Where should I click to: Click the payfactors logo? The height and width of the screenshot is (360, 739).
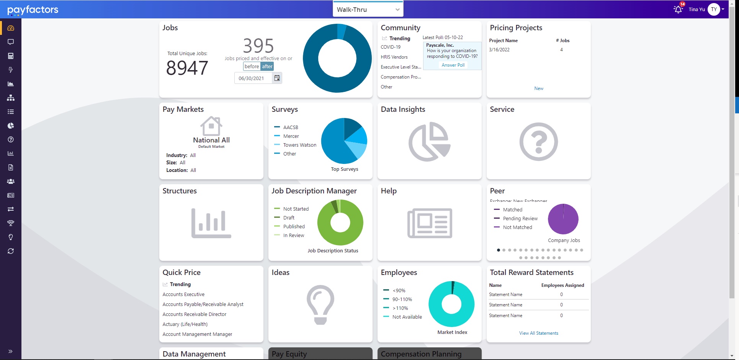tap(33, 10)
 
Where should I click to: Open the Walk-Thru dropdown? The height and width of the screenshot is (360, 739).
tap(368, 10)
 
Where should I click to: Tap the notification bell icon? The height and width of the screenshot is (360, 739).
tap(678, 9)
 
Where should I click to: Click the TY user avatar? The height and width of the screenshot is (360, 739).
tap(714, 9)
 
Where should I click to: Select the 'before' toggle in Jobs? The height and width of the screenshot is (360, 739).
tap(252, 66)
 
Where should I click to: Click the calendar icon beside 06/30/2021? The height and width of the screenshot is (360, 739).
tap(277, 78)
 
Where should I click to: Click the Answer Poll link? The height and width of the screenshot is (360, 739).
tap(453, 65)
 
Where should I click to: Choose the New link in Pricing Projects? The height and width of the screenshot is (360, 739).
tap(539, 88)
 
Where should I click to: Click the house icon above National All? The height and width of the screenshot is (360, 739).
tap(211, 126)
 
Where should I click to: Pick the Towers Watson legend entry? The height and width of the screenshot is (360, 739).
tap(299, 145)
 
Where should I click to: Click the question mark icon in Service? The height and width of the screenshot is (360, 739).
tap(538, 142)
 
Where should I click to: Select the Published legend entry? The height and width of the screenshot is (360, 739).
tap(294, 227)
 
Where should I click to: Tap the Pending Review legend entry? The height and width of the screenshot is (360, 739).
tap(520, 219)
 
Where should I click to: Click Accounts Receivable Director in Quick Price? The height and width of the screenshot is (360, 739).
tap(195, 314)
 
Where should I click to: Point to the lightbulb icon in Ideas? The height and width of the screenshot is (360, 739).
tap(320, 305)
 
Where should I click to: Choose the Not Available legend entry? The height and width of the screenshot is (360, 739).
tap(407, 317)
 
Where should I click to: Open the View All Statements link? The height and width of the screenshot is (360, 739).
tap(539, 333)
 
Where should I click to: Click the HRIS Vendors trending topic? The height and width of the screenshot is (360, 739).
tap(394, 57)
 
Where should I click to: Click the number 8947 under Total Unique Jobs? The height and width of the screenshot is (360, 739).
tap(187, 68)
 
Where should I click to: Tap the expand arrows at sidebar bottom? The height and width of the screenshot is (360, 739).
tap(10, 351)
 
